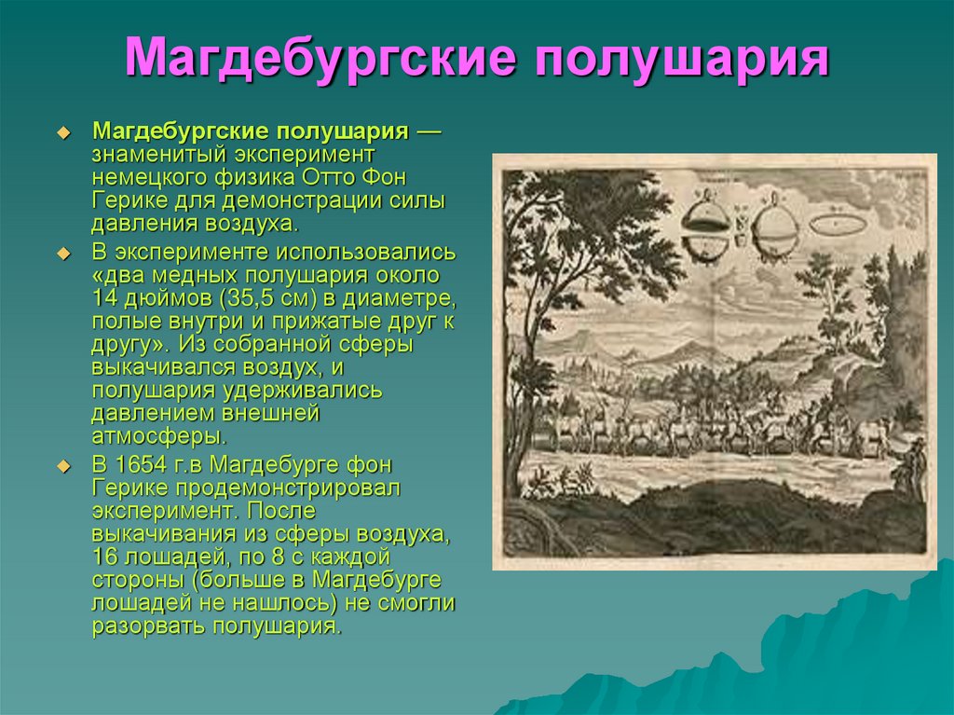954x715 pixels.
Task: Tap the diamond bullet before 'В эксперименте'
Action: [63, 254]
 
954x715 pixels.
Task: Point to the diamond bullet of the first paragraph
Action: [63, 132]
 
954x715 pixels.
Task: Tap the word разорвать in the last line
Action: [148, 626]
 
